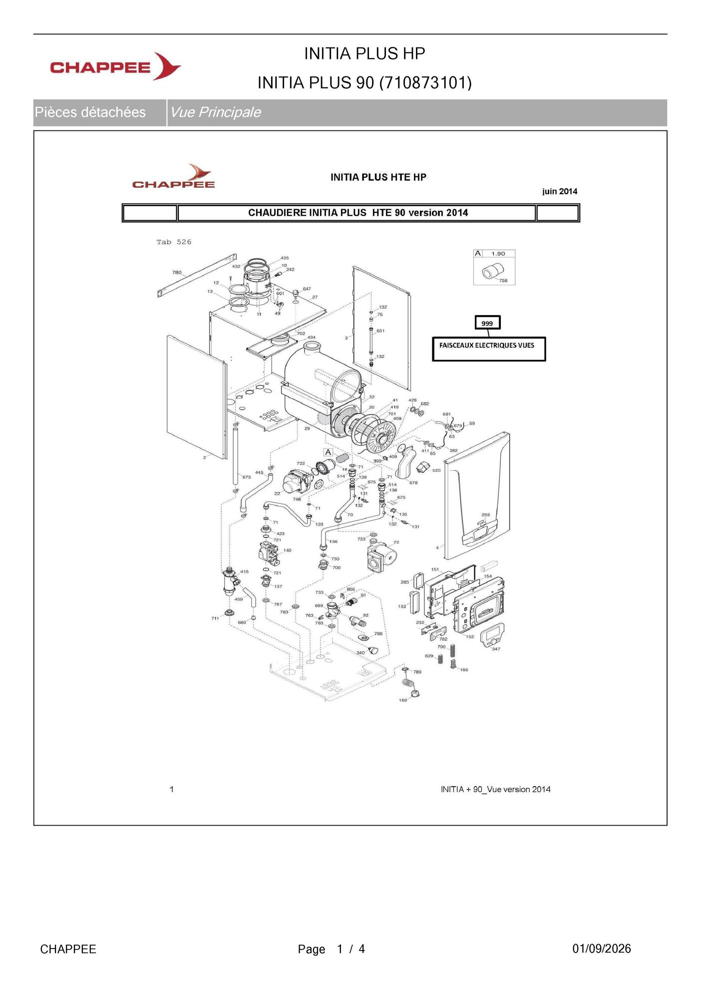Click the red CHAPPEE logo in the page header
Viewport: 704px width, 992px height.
(x=115, y=66)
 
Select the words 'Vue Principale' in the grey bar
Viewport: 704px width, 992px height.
(x=215, y=112)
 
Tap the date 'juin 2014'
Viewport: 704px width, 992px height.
(x=560, y=191)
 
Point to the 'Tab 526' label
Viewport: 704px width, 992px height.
(x=174, y=242)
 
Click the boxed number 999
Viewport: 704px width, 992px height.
(x=487, y=323)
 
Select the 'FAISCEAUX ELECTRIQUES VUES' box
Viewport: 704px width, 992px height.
(x=489, y=349)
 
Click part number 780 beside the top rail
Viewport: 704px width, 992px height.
(x=177, y=273)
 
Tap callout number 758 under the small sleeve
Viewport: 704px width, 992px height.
(x=503, y=281)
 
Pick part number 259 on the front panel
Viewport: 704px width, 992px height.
(x=486, y=515)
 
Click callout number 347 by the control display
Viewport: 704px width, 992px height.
(x=496, y=649)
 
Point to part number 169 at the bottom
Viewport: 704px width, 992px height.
(x=403, y=700)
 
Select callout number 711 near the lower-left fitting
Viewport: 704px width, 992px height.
(x=215, y=618)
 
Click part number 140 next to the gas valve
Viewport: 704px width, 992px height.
(x=287, y=550)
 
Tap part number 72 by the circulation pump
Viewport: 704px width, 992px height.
(x=396, y=542)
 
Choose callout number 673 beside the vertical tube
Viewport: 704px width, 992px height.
(x=247, y=477)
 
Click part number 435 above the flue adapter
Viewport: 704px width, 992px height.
(x=285, y=258)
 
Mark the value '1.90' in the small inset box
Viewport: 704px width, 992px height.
(x=498, y=254)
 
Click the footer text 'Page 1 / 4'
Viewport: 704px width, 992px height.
(x=332, y=949)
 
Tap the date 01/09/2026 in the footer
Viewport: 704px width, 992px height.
(x=602, y=949)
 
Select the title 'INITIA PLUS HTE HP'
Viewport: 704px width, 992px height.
(x=378, y=177)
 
